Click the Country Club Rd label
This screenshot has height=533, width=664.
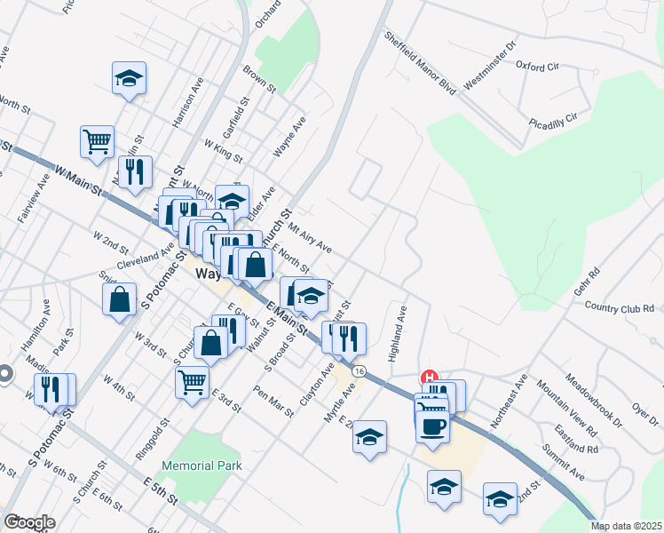623,306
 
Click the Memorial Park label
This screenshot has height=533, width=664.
202,465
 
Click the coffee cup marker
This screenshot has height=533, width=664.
432,426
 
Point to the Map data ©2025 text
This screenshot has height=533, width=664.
625,526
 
